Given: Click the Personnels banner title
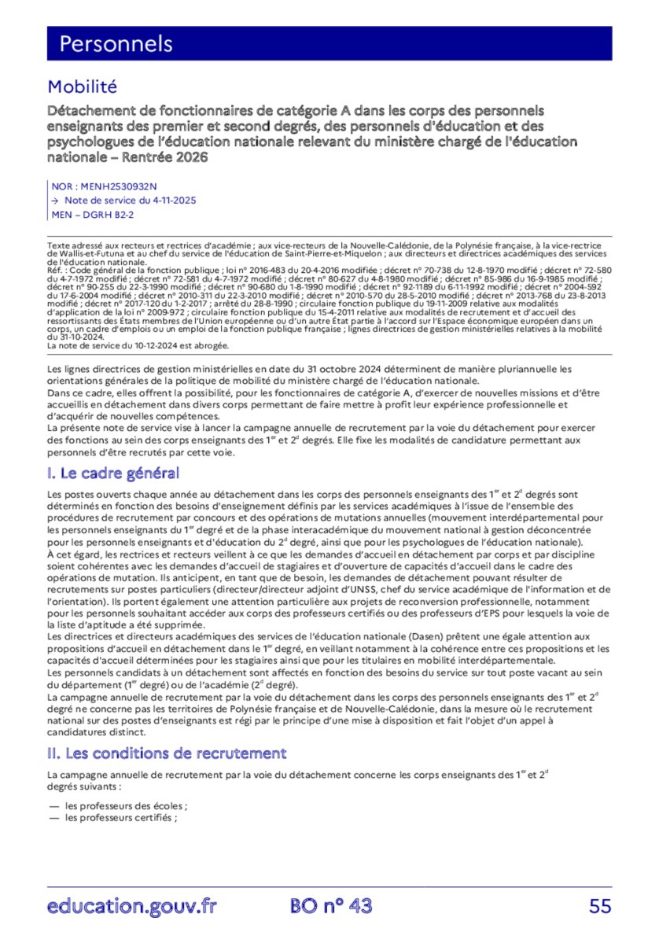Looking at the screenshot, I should (x=116, y=43).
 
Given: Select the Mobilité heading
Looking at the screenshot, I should (x=82, y=87).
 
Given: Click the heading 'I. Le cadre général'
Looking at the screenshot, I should (x=113, y=473).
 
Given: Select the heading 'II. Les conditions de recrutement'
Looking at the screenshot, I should (x=167, y=753).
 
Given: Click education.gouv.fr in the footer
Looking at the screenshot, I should (x=131, y=906).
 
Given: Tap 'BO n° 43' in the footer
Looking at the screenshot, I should (x=330, y=906).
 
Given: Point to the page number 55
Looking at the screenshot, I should (x=600, y=906).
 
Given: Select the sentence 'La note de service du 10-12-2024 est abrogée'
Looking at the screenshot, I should (x=138, y=345).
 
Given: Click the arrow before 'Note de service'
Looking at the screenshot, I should (x=53, y=201).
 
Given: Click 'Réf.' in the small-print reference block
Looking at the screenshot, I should (x=57, y=268).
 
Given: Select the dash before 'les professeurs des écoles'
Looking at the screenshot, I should (x=53, y=806).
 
